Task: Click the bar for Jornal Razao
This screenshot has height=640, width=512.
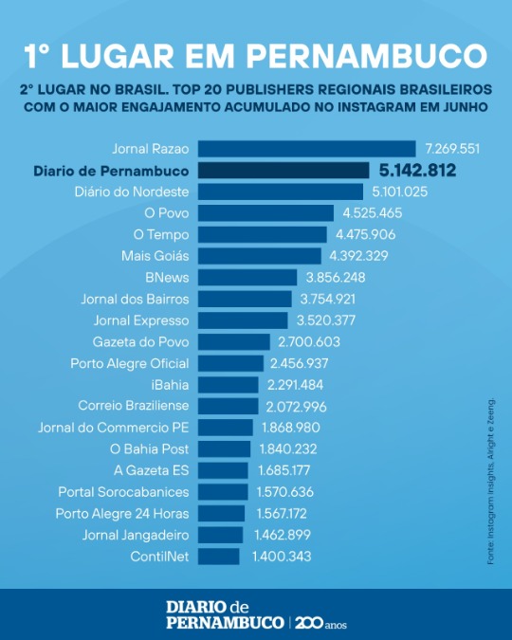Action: [x=307, y=149]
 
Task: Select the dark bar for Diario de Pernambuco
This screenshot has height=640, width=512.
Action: [x=283, y=171]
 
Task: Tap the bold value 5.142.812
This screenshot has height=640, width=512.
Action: [x=417, y=171]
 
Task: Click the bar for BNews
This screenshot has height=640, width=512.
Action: [x=247, y=278]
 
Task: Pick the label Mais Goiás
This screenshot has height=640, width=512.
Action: [x=155, y=256]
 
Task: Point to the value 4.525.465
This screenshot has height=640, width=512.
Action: [x=373, y=213]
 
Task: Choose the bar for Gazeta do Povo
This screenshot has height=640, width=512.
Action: [x=234, y=342]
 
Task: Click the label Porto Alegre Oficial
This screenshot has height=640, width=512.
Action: [x=130, y=363]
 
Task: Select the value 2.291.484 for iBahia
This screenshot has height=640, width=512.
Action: [x=295, y=385]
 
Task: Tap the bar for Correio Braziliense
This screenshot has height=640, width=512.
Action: [x=229, y=406]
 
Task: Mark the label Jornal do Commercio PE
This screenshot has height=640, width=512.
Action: [x=114, y=428]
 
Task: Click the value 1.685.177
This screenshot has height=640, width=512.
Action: [x=284, y=470]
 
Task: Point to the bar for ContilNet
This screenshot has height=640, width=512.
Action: [x=219, y=557]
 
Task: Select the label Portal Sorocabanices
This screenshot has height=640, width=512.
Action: [x=123, y=492]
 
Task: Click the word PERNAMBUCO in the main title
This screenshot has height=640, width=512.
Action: [x=366, y=56]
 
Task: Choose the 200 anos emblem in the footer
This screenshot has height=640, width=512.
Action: [x=320, y=623]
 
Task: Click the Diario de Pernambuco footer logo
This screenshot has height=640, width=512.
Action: [x=225, y=614]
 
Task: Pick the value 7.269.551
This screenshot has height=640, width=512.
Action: [x=452, y=149]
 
